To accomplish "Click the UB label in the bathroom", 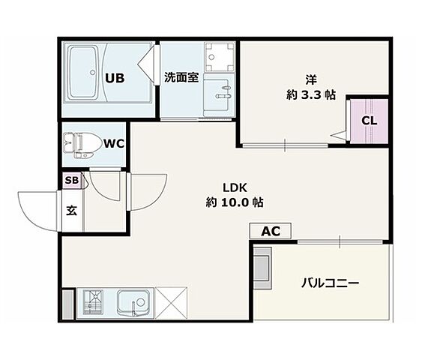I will pos(115,77).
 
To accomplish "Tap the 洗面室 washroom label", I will pos(181,77).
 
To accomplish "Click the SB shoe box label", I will pos(71,180).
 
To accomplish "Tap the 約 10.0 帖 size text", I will pos(234,202).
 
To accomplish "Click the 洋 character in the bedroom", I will pos(310,79).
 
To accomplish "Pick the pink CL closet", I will pos(369,121).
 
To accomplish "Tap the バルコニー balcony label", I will pos(331,283).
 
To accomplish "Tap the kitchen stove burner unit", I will pos(94,303).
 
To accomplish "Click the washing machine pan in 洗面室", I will pos(220,55).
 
